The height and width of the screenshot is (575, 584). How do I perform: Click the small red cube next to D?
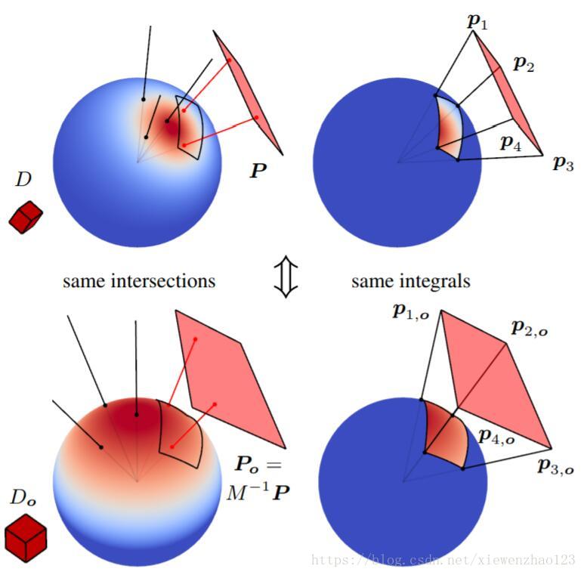26,217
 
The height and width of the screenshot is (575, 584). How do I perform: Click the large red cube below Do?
26,538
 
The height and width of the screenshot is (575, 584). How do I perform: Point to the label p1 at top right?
477,21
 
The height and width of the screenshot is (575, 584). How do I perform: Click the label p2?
524,64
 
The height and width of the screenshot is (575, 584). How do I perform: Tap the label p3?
563,162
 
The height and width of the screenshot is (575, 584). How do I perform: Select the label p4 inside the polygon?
511,143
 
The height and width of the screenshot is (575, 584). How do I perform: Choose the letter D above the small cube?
23,180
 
